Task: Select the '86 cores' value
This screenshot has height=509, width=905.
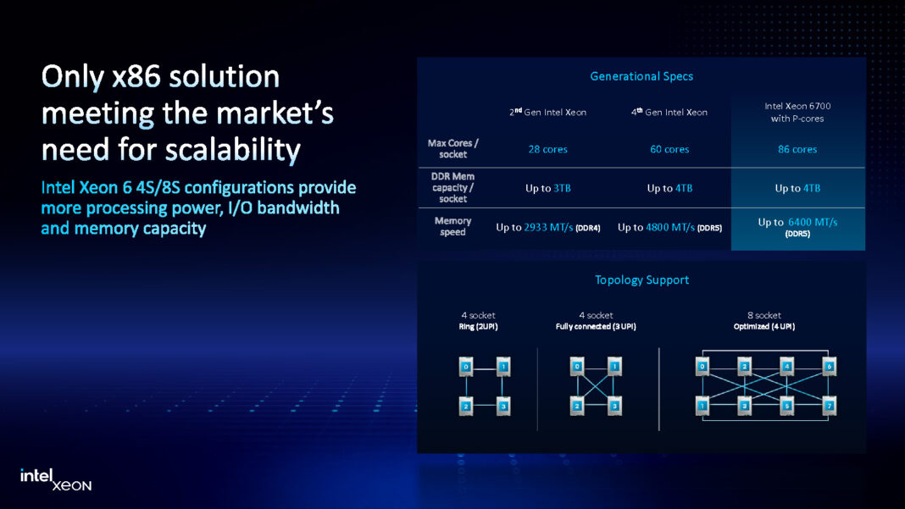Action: [797, 149]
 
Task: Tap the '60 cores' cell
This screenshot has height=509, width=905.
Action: [669, 149]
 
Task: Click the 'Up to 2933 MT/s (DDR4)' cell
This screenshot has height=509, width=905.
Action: [548, 228]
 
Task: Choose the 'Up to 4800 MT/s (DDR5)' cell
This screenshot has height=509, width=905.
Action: [669, 228]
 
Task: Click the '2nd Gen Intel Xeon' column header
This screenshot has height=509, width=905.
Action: [547, 112]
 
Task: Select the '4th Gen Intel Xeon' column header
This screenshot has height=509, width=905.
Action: [669, 112]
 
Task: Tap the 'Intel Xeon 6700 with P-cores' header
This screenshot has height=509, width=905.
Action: [797, 112]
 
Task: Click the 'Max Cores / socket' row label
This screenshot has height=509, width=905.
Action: [452, 149]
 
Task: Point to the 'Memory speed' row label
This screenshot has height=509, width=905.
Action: [452, 226]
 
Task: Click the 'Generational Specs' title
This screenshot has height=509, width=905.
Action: [641, 76]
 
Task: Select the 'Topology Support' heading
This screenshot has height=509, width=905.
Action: [641, 279]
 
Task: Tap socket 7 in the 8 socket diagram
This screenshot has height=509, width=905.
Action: [829, 407]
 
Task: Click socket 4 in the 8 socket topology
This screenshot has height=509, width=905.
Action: [786, 367]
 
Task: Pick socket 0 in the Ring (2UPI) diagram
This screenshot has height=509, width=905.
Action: [464, 367]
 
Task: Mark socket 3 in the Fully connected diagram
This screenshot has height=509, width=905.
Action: [615, 407]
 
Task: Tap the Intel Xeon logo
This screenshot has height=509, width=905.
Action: [56, 479]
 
